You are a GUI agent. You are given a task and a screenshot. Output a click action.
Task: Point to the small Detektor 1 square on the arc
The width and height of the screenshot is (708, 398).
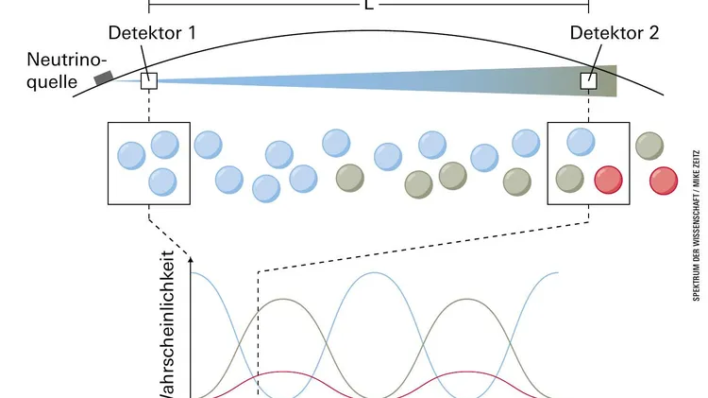148,80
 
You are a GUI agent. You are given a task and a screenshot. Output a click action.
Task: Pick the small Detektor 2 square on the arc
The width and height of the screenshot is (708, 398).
589,80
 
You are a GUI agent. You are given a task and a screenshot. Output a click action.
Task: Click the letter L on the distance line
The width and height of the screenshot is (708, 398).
367,4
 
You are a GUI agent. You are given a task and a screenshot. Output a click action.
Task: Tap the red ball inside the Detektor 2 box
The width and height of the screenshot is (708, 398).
609,178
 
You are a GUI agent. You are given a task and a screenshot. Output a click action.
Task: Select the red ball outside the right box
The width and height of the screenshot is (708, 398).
664,178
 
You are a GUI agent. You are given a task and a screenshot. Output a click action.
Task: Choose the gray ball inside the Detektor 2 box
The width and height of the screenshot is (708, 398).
568,177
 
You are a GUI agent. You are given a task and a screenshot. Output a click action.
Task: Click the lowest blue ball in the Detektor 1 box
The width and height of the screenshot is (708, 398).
163,180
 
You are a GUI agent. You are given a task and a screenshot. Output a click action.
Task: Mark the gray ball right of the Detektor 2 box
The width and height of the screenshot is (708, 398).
649,146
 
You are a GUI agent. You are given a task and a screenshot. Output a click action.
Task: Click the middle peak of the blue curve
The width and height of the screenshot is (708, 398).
375,272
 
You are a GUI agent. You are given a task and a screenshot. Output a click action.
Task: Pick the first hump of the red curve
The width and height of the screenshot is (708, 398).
280,372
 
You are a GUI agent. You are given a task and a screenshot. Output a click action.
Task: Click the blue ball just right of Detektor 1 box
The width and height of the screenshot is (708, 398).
208,145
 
